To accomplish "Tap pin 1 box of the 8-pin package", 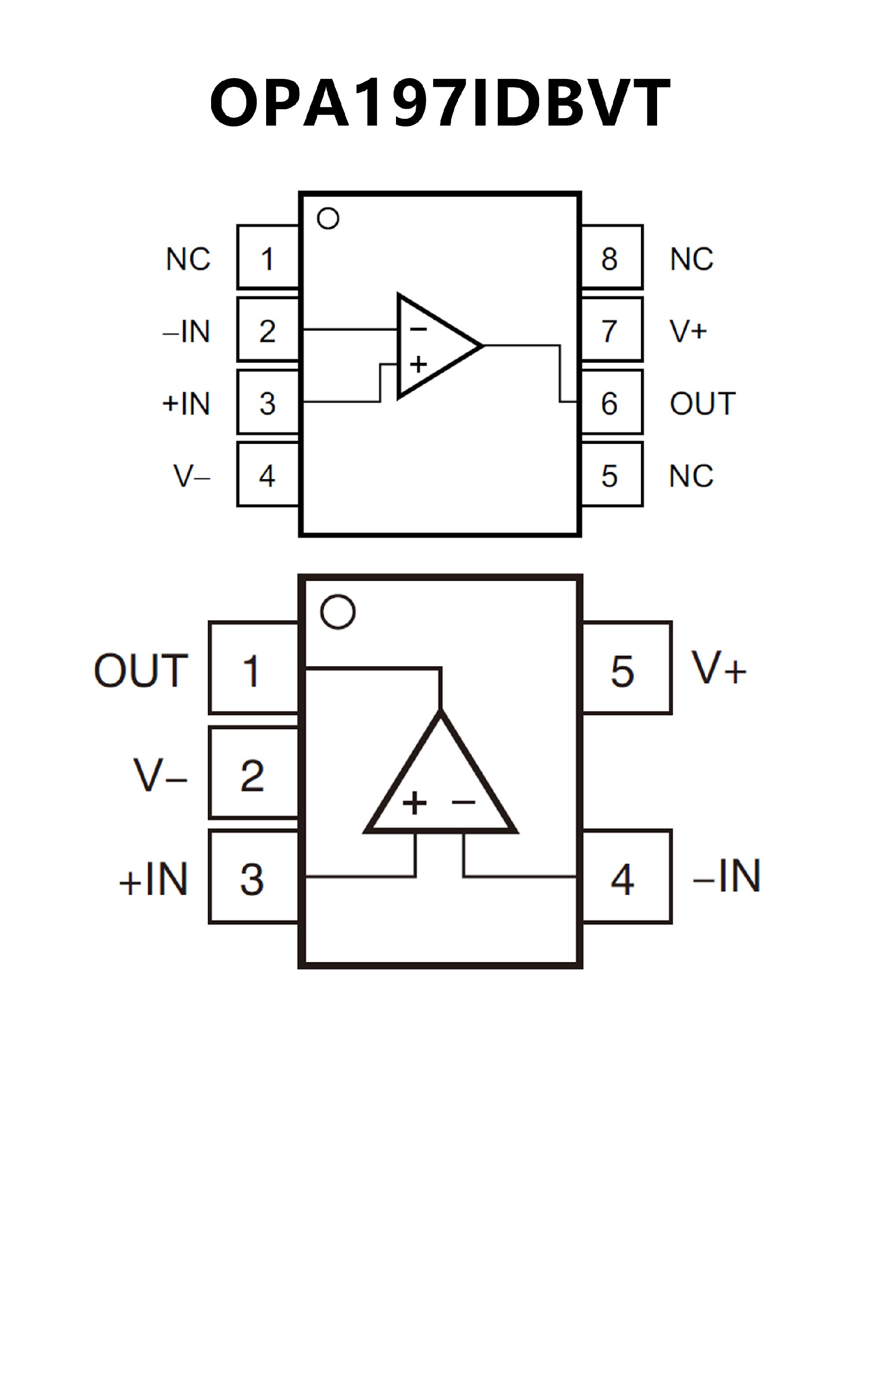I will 268,257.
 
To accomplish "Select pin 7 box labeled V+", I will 612,329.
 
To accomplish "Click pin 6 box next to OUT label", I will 612,402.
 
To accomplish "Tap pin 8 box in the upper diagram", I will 612,257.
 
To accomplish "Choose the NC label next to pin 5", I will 691,476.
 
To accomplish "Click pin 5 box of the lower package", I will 626,668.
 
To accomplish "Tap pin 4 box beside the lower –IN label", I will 626,877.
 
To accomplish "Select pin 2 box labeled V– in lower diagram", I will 253,773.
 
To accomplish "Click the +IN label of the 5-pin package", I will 154,879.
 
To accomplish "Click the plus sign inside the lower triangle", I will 415,803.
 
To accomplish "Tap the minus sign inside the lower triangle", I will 463,802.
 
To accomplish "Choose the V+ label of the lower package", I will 719,668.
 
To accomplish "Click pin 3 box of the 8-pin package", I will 268,402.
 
